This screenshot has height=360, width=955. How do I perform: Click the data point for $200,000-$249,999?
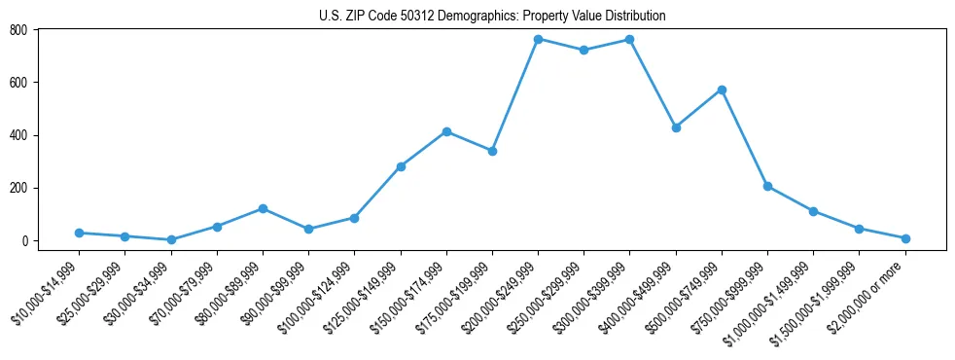click(538, 39)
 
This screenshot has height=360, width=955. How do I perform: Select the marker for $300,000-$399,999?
click(629, 40)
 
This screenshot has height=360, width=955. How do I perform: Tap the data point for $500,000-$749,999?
click(722, 90)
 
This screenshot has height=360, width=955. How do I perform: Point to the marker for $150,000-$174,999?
click(446, 131)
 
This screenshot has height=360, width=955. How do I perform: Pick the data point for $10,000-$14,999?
click(79, 233)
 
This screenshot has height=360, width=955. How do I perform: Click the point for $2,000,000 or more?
click(905, 238)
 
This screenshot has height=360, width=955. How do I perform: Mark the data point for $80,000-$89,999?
click(263, 208)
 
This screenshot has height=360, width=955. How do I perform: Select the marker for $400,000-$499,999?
click(676, 127)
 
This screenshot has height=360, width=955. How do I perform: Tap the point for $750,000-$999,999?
click(767, 186)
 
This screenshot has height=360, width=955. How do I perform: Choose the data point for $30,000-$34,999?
click(171, 239)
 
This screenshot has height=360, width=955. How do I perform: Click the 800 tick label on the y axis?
click(18, 30)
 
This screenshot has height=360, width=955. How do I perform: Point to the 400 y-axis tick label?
click(18, 135)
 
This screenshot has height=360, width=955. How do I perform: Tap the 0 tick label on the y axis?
click(25, 240)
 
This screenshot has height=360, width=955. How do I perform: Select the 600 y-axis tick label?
click(18, 83)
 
